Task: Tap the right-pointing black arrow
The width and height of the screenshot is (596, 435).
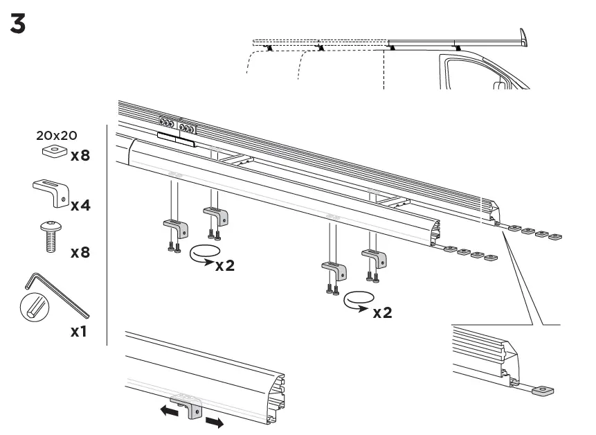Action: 215,422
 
